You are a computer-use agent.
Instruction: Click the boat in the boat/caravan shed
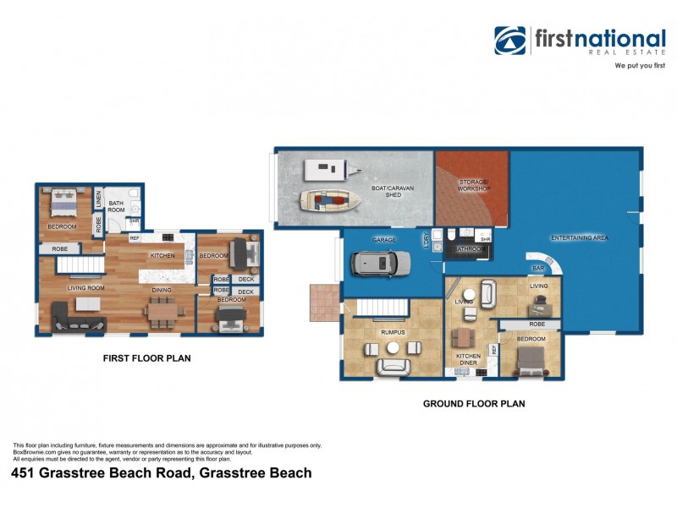pyautogui.click(x=329, y=201)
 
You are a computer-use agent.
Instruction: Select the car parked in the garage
pyautogui.click(x=381, y=264)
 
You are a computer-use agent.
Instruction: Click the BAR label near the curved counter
pyautogui.click(x=537, y=268)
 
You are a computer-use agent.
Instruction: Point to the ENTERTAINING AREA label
pyautogui.click(x=580, y=238)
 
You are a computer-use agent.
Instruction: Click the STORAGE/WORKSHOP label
pyautogui.click(x=475, y=185)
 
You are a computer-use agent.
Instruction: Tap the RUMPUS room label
pyautogui.click(x=393, y=332)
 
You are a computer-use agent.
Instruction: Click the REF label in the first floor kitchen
pyautogui.click(x=135, y=238)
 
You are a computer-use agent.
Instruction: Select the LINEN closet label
pyautogui.click(x=98, y=201)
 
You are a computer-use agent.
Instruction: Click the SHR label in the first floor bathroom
pyautogui.click(x=134, y=221)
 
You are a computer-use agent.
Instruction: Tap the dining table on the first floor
pyautogui.click(x=164, y=311)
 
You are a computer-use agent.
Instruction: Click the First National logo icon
pyautogui.click(x=510, y=40)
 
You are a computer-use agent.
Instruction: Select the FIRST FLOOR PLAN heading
pyautogui.click(x=146, y=358)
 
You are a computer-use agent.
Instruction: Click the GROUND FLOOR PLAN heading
pyautogui.click(x=474, y=404)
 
